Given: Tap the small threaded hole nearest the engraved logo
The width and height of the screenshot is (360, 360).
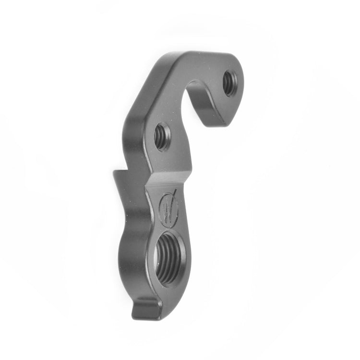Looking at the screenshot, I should pyautogui.click(x=162, y=136).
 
